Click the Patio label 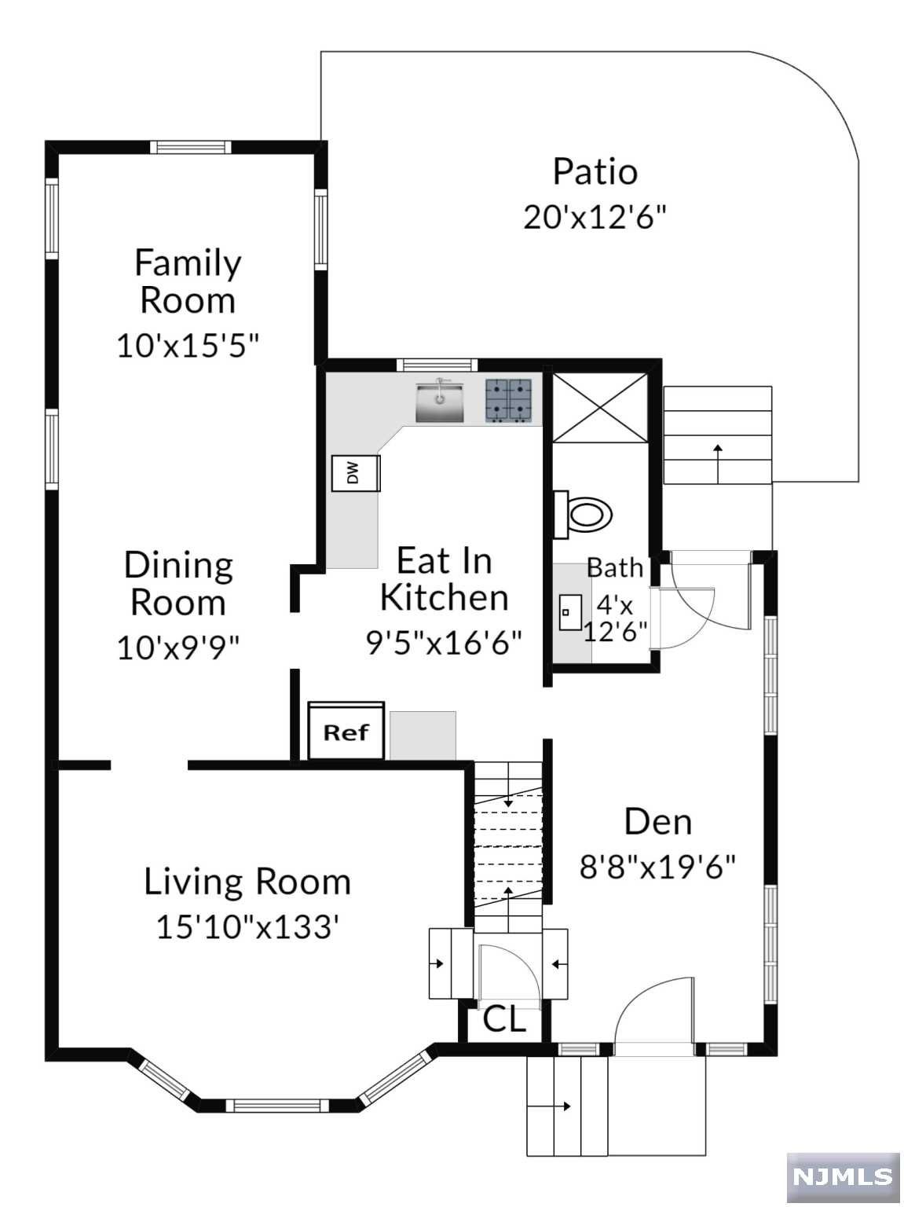[x=595, y=171]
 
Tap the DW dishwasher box [x=355, y=472]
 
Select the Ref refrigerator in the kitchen [x=346, y=732]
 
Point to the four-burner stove [x=508, y=401]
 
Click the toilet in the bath [x=583, y=515]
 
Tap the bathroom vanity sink [x=570, y=612]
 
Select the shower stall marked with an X [x=599, y=407]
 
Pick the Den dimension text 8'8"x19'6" [x=657, y=868]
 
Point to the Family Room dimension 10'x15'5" [x=188, y=346]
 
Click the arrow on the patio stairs [x=718, y=464]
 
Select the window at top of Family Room [x=191, y=147]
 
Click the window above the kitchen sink [x=437, y=365]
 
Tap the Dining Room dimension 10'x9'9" [x=178, y=648]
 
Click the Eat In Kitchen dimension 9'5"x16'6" [x=444, y=642]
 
